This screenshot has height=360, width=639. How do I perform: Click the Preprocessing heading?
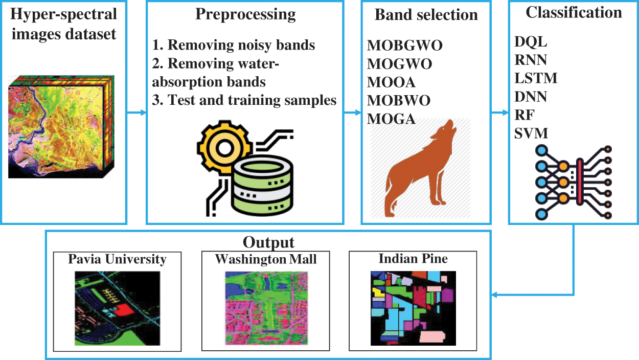(x=245, y=14)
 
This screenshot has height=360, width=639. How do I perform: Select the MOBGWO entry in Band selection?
(x=404, y=46)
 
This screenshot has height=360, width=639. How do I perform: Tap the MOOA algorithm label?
(x=391, y=82)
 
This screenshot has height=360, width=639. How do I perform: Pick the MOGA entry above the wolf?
(x=391, y=119)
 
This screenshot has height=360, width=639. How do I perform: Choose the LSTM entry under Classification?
(x=536, y=78)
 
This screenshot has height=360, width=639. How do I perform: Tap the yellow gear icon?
(x=223, y=148)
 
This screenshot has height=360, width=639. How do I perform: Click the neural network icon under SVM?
(x=573, y=182)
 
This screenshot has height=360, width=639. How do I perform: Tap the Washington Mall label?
(x=266, y=259)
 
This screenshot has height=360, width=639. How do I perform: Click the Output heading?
(x=269, y=241)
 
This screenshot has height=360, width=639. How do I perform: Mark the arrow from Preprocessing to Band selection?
(x=352, y=112)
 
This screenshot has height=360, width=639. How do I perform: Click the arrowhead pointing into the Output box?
(x=495, y=295)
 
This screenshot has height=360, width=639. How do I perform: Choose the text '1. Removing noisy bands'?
(x=234, y=45)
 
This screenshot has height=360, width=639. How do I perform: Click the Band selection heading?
(x=426, y=15)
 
